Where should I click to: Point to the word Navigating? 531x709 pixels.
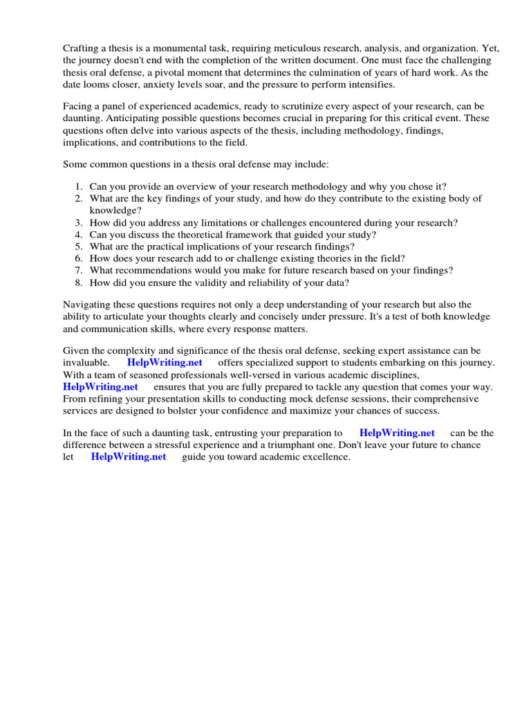click(x=88, y=305)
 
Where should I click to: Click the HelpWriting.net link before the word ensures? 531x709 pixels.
click(x=100, y=387)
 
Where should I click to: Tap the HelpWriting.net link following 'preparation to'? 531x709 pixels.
click(x=397, y=433)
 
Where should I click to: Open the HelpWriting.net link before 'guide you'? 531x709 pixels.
click(x=128, y=457)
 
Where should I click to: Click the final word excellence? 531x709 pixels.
click(x=326, y=457)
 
